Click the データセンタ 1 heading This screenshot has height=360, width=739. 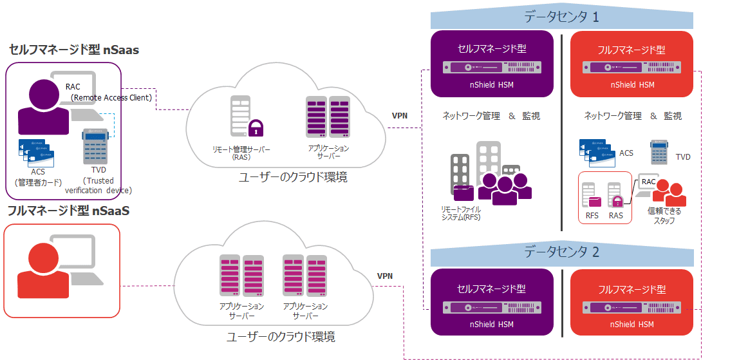coord(561,17)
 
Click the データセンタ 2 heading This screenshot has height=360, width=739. coord(561,252)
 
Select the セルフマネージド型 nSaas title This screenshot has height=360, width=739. coord(74,50)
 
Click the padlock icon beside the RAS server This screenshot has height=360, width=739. coord(256,126)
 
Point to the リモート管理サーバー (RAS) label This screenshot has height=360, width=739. coord(241,153)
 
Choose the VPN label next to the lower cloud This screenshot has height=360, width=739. coord(386,276)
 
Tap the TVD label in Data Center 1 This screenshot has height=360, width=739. coord(683,156)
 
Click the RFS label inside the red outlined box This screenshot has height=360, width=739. coord(592,216)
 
